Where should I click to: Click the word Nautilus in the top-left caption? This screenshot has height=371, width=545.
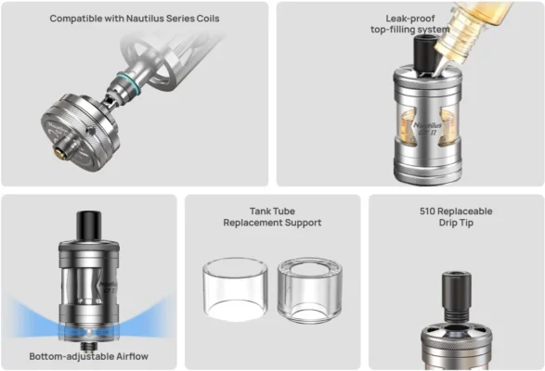tap(145, 19)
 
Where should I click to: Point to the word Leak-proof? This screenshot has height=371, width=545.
tap(410, 19)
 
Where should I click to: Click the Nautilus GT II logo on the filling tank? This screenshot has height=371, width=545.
tap(427, 128)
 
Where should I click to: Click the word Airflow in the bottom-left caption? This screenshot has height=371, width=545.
tap(132, 356)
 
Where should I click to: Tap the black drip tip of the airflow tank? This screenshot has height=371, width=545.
tap(89, 225)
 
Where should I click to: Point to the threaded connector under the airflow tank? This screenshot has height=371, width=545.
tap(88, 346)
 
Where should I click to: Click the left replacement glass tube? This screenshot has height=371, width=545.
tap(235, 289)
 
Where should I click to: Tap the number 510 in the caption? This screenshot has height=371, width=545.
tap(427, 211)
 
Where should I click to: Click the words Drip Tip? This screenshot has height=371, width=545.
tap(456, 223)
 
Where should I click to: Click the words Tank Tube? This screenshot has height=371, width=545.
tap(273, 211)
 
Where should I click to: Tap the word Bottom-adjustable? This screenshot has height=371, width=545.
tap(71, 356)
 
